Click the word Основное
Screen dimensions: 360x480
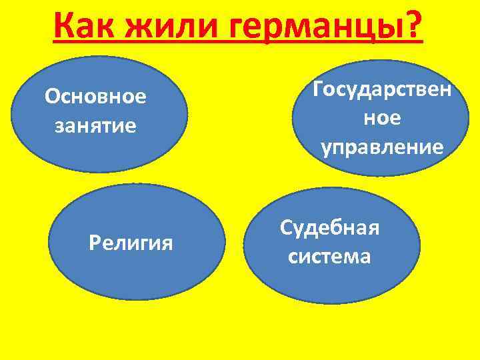pyautogui.click(x=95, y=97)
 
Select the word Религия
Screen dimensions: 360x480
pyautogui.click(x=131, y=243)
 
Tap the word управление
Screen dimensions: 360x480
pyautogui.click(x=382, y=147)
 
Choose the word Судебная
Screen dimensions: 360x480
pyautogui.click(x=329, y=227)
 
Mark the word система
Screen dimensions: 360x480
pyautogui.click(x=329, y=256)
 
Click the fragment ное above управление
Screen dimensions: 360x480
pyautogui.click(x=382, y=118)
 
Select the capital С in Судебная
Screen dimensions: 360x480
pyautogui.click(x=287, y=227)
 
